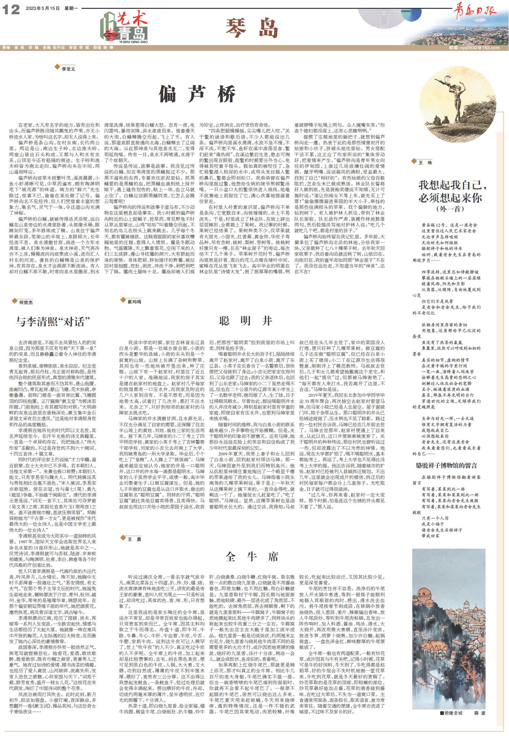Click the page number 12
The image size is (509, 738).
pyautogui.click(x=11, y=10)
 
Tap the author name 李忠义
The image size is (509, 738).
pyautogui.click(x=68, y=69)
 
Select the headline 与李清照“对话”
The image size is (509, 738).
pyautogui.click(x=54, y=321)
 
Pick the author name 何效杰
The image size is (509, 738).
pyautogui.click(x=26, y=302)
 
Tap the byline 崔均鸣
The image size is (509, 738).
pyautogui.click(x=134, y=301)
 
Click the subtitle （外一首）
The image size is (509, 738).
pyautogui.click(x=450, y=209)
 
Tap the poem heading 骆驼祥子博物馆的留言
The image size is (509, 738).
pyautogui.click(x=446, y=465)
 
